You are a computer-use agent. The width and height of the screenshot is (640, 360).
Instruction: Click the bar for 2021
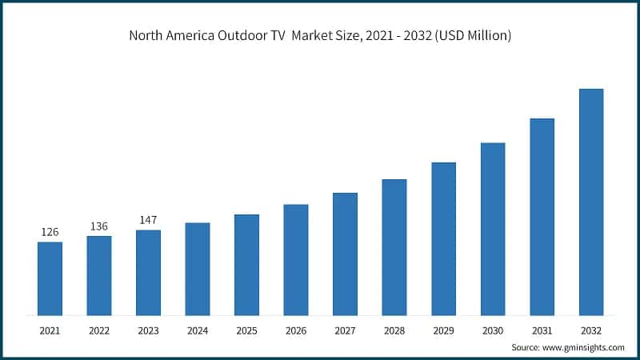coord(50,278)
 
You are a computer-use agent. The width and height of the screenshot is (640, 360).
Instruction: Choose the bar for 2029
coord(444,238)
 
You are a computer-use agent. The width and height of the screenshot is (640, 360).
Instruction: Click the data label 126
coord(50,232)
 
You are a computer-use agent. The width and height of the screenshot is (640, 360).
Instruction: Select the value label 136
coord(99,226)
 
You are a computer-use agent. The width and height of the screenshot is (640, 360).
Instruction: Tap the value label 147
coord(148,220)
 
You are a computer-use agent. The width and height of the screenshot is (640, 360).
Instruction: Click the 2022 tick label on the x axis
coord(99,330)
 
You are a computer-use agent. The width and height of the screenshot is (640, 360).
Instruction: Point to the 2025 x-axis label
coord(246,330)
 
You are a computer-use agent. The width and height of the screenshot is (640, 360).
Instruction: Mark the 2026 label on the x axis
coord(296,330)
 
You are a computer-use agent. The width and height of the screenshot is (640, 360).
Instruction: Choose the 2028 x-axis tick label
coord(394,330)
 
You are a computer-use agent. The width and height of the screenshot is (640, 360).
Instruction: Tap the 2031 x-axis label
coord(542,330)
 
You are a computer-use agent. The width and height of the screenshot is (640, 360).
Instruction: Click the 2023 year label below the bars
coord(148,330)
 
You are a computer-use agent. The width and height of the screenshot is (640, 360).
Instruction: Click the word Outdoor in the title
coord(242,36)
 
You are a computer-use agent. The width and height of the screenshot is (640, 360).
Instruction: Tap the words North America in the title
coord(169,36)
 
